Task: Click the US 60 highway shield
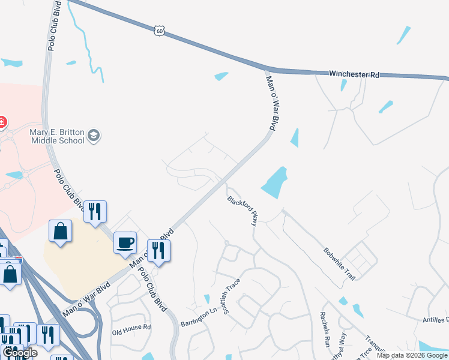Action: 158,30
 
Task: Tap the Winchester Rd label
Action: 354,74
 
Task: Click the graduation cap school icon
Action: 93,136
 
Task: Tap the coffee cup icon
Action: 125,242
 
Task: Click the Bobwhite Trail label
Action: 340,263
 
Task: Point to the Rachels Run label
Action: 325,329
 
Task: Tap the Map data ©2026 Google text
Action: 412,355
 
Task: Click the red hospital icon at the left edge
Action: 2,122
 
